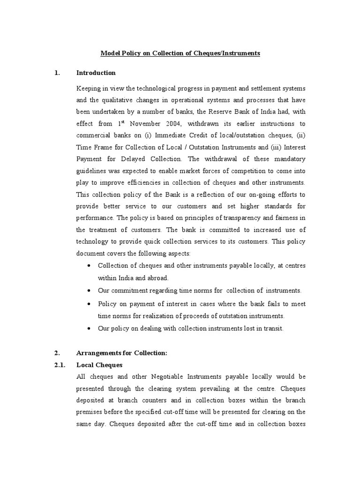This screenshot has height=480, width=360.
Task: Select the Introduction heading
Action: pyautogui.click(x=96, y=73)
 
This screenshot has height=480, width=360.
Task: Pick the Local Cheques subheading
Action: pyautogui.click(x=99, y=365)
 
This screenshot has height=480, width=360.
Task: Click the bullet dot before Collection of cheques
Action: pyautogui.click(x=89, y=266)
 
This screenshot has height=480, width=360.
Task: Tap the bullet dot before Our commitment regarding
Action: pyautogui.click(x=89, y=291)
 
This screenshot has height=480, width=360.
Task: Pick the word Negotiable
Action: pyautogui.click(x=171, y=376)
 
